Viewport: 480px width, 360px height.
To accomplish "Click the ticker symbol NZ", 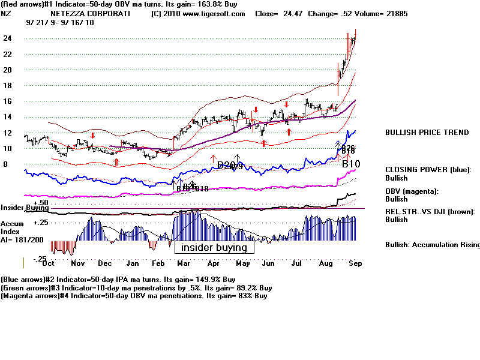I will click(5, 13).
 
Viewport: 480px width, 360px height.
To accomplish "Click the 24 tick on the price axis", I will click(8, 38).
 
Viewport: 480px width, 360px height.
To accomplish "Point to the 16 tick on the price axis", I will click(8, 101).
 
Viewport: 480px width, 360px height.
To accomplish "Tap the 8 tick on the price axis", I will click(6, 164).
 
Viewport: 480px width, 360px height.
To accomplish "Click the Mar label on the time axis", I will click(184, 263).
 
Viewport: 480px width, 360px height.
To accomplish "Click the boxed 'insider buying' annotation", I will click(214, 247).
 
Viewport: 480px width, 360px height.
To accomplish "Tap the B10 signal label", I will click(351, 163).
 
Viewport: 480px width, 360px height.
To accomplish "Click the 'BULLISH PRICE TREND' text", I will click(427, 133).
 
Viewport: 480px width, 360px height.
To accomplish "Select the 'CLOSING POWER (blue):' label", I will click(428, 170).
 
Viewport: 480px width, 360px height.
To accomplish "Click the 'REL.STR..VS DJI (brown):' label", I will click(431, 211).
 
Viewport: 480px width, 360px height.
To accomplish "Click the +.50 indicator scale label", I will click(24, 202).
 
